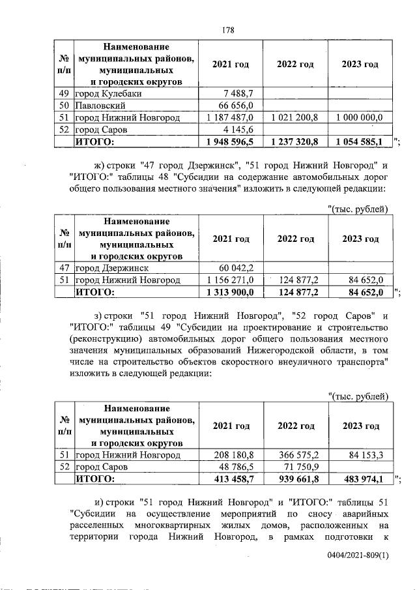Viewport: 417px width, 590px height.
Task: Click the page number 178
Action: pos(227,29)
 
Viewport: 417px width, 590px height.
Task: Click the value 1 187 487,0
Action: pos(233,117)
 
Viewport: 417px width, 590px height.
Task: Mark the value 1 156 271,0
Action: pos(233,280)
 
